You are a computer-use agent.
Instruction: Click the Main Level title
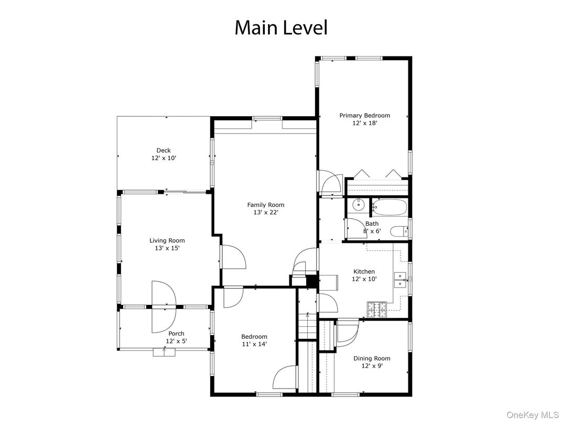tap(280, 27)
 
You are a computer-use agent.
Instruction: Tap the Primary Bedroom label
tap(364, 116)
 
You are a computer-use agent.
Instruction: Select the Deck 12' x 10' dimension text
tap(164, 158)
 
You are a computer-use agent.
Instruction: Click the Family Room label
tap(266, 205)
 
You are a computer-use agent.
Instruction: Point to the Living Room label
tap(167, 240)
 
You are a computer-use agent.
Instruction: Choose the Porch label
tap(176, 334)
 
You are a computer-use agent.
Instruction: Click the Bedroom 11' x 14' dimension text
tap(254, 344)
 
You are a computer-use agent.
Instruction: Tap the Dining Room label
tap(371, 358)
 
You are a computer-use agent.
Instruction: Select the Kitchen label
tap(364, 271)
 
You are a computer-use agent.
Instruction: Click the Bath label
tap(372, 224)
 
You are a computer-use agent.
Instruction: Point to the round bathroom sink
tap(358, 205)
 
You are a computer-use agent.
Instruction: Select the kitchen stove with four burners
tap(376, 310)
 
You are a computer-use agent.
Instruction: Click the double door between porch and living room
tap(164, 306)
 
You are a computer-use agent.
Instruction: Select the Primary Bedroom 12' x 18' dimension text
tap(364, 123)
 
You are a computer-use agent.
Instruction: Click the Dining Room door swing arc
tap(347, 330)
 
